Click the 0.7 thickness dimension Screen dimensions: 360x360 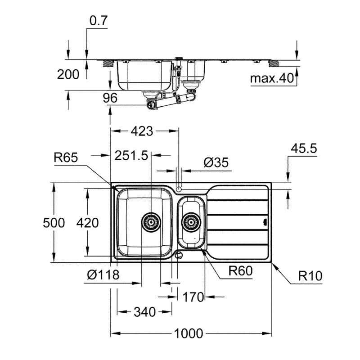(98, 21)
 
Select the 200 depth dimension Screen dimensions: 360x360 (68, 74)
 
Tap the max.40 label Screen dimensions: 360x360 (272, 78)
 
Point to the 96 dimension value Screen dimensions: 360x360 (110, 98)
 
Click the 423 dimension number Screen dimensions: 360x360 (142, 131)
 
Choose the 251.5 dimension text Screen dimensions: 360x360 (131, 155)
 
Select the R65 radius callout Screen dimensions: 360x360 (66, 157)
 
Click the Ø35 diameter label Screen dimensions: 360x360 (216, 162)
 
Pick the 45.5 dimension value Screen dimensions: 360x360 (304, 148)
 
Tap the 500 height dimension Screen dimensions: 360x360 (54, 223)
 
